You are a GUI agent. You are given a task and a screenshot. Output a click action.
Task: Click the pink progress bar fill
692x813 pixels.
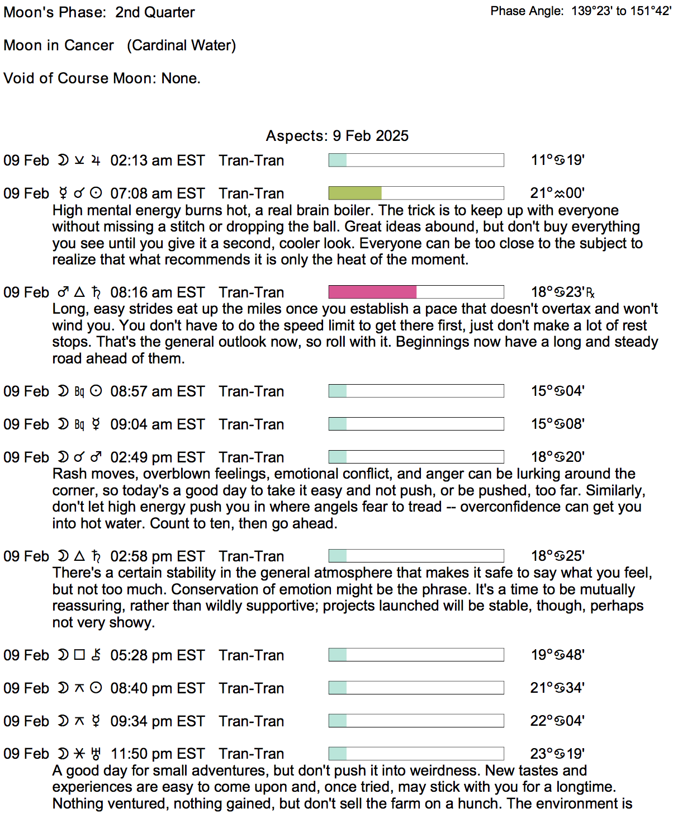(x=372, y=292)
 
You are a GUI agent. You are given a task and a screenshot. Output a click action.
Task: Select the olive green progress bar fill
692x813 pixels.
(x=355, y=193)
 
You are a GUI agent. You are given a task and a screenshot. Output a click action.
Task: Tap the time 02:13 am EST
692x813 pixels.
(x=158, y=160)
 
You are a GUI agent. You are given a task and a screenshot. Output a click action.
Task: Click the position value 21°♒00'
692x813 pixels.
(x=557, y=193)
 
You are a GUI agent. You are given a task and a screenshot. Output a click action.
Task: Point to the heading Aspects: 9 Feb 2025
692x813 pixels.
(x=337, y=136)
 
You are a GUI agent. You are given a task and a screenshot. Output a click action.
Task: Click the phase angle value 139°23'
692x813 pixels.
(x=592, y=11)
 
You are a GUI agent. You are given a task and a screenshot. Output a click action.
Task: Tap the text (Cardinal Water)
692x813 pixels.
(x=181, y=45)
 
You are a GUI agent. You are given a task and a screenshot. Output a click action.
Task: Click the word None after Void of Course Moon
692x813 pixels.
(x=180, y=78)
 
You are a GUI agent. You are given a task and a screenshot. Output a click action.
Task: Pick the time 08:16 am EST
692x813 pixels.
(x=158, y=292)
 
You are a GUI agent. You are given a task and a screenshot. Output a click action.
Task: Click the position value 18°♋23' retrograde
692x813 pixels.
(x=562, y=292)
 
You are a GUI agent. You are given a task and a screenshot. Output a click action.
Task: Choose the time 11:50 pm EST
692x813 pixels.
(x=158, y=754)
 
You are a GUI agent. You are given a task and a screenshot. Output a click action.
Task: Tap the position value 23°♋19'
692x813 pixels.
(x=557, y=754)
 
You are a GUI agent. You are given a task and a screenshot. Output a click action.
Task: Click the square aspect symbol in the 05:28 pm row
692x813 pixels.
(x=79, y=655)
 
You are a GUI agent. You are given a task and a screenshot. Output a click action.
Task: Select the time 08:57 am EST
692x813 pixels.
(x=158, y=391)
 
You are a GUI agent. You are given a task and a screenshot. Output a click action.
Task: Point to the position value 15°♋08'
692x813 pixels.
(x=557, y=424)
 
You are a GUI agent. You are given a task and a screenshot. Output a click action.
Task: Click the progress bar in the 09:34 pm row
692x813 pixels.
(x=416, y=721)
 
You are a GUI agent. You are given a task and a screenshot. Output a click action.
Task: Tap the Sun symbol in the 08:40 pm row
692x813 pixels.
(x=96, y=688)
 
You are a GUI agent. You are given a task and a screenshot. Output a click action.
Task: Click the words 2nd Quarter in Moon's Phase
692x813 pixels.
(x=155, y=12)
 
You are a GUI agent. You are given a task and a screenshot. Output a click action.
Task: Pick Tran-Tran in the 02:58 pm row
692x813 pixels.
(x=252, y=556)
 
